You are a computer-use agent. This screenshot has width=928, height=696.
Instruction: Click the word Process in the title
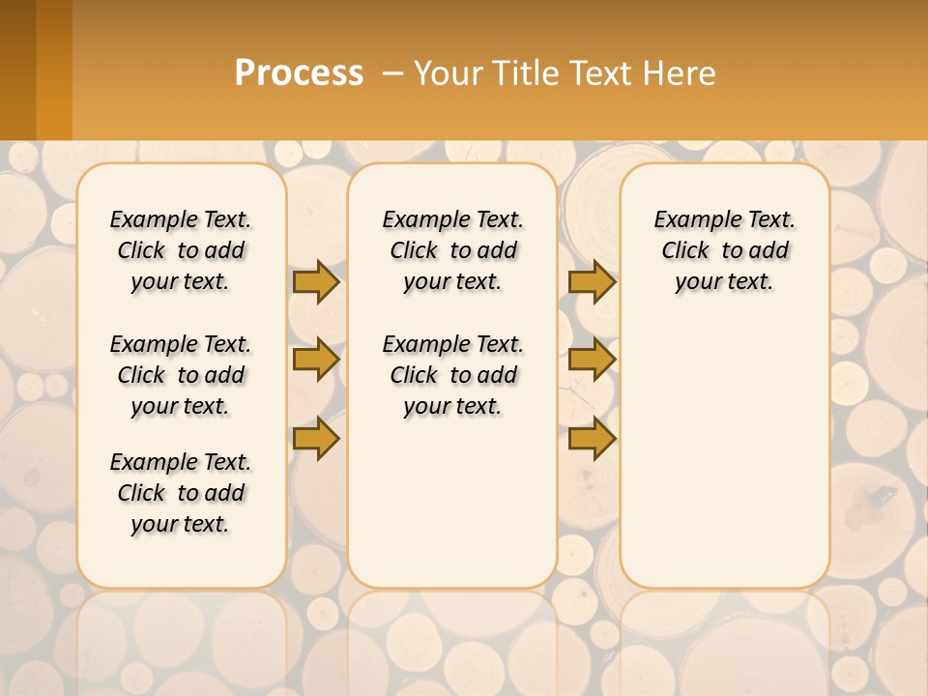(299, 73)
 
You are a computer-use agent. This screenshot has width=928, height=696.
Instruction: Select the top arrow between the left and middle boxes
(316, 282)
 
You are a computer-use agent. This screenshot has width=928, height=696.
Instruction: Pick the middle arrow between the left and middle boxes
(316, 360)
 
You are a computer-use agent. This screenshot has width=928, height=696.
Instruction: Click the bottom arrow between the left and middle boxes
(316, 439)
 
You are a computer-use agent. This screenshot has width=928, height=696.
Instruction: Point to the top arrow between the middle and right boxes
(592, 282)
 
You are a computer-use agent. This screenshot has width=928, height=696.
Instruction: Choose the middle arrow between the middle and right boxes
(592, 360)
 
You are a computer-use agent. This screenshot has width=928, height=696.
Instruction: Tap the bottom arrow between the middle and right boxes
(592, 439)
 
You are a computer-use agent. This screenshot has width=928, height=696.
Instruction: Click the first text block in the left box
(181, 250)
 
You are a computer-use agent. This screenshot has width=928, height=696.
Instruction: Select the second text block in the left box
(181, 375)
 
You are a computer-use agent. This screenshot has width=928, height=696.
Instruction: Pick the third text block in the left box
(181, 493)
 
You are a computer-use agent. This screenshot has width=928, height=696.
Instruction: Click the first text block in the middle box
(452, 250)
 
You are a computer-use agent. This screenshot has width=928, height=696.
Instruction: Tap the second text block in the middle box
(452, 375)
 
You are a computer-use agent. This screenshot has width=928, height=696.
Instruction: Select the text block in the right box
(724, 250)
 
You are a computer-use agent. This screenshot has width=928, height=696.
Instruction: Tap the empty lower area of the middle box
(452, 503)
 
